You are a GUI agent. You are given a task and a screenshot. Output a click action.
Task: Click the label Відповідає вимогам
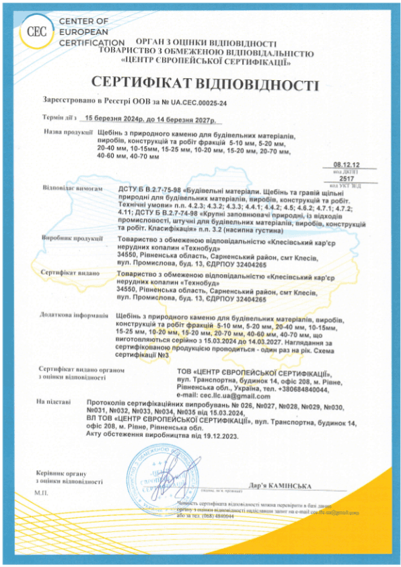67,189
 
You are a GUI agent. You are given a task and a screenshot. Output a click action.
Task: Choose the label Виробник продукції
66,239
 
